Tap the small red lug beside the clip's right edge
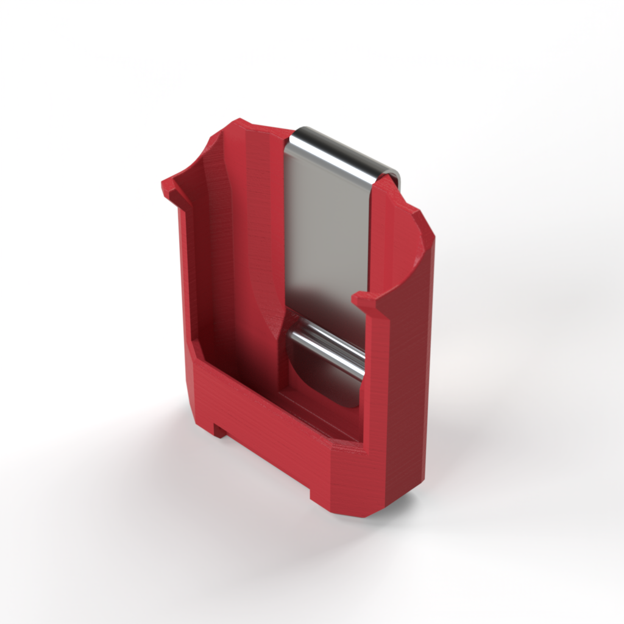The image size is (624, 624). [x=364, y=299]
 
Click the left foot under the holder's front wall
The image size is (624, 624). [x=219, y=430]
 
